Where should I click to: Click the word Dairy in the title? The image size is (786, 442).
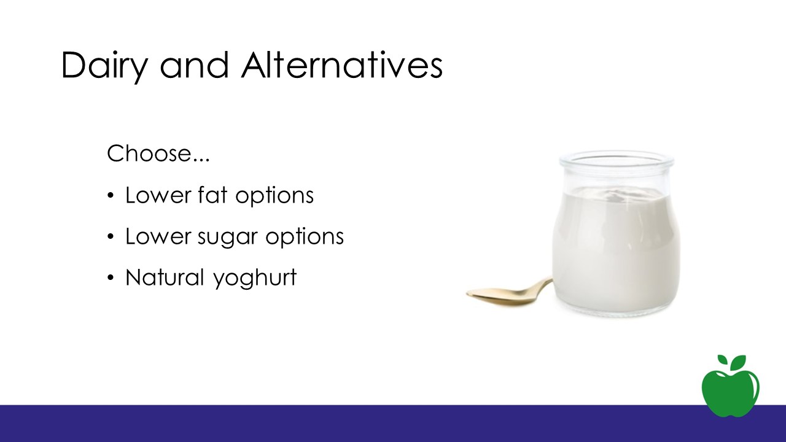104,67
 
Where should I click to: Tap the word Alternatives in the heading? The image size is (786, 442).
342,65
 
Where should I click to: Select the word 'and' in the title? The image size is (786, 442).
194,65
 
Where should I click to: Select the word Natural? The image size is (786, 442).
165,277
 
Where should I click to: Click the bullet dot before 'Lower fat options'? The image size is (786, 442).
111,196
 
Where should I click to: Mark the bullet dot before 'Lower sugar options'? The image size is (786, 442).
111,237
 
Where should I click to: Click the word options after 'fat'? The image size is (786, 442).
274,196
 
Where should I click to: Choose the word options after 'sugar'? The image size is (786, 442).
305,238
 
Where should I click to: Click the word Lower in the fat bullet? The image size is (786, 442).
158,195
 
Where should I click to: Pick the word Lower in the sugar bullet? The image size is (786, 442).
158,236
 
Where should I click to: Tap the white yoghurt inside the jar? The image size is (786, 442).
616,249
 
